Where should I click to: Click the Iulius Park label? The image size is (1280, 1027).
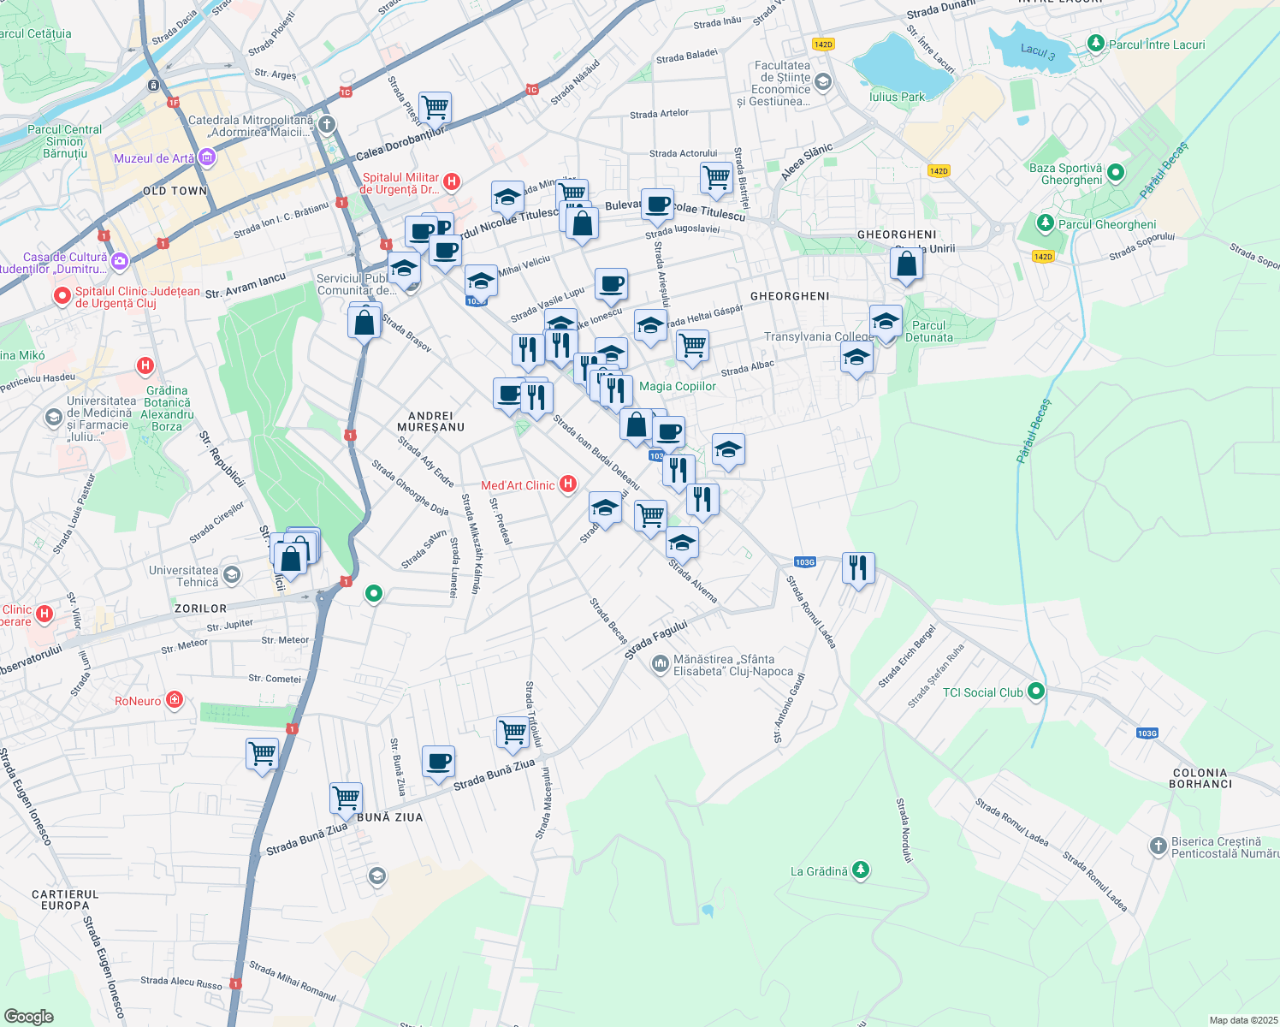pyautogui.click(x=897, y=97)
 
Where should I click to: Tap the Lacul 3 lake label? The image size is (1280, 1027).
pyautogui.click(x=1037, y=51)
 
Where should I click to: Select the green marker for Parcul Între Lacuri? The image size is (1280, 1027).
pyautogui.click(x=1095, y=44)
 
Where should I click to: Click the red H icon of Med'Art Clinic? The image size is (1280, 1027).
pyautogui.click(x=567, y=484)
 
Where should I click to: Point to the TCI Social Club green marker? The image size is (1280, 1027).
pyautogui.click(x=1036, y=692)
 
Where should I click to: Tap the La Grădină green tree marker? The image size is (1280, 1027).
pyautogui.click(x=861, y=870)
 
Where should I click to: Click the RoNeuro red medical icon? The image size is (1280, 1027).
pyautogui.click(x=175, y=700)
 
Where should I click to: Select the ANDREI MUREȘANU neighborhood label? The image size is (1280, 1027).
pyautogui.click(x=430, y=421)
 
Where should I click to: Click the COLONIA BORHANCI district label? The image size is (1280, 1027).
pyautogui.click(x=1200, y=778)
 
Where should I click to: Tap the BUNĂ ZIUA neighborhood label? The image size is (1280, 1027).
pyautogui.click(x=389, y=817)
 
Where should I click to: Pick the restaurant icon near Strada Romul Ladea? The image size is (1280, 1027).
pyautogui.click(x=857, y=567)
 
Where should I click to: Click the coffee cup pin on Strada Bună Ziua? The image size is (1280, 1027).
pyautogui.click(x=438, y=761)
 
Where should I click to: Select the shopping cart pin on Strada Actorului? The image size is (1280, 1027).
pyautogui.click(x=716, y=177)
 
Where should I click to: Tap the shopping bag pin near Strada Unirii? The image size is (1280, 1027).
pyautogui.click(x=906, y=264)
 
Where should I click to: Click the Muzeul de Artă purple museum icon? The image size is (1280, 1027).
pyautogui.click(x=206, y=157)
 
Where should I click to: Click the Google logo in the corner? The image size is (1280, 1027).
pyautogui.click(x=28, y=1016)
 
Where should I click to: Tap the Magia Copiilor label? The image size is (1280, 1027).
pyautogui.click(x=678, y=386)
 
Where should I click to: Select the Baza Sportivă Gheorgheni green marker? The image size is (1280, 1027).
pyautogui.click(x=1115, y=173)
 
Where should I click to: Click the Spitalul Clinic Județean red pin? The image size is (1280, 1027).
pyautogui.click(x=62, y=296)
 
